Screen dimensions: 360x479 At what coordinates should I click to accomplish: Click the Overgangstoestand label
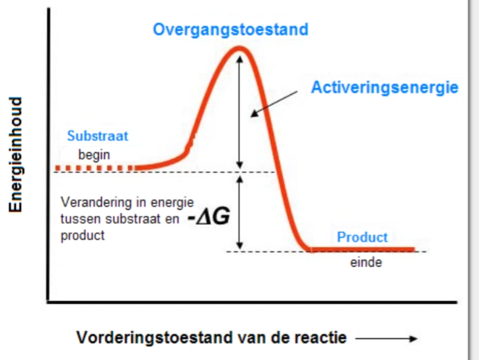click(x=230, y=30)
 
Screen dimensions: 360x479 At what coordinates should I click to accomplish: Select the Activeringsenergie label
click(x=384, y=88)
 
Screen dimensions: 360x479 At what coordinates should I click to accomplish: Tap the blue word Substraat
click(x=98, y=136)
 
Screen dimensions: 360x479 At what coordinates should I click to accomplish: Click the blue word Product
click(x=362, y=237)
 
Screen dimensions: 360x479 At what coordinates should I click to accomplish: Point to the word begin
click(x=93, y=155)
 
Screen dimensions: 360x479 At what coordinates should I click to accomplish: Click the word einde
click(x=362, y=262)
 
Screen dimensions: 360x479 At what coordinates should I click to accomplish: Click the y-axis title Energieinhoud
click(x=16, y=154)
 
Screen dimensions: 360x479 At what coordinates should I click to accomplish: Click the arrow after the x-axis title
click(x=387, y=338)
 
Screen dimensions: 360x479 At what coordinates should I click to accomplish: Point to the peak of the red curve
click(x=240, y=48)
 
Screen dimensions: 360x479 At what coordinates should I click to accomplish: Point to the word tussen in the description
click(x=77, y=219)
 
